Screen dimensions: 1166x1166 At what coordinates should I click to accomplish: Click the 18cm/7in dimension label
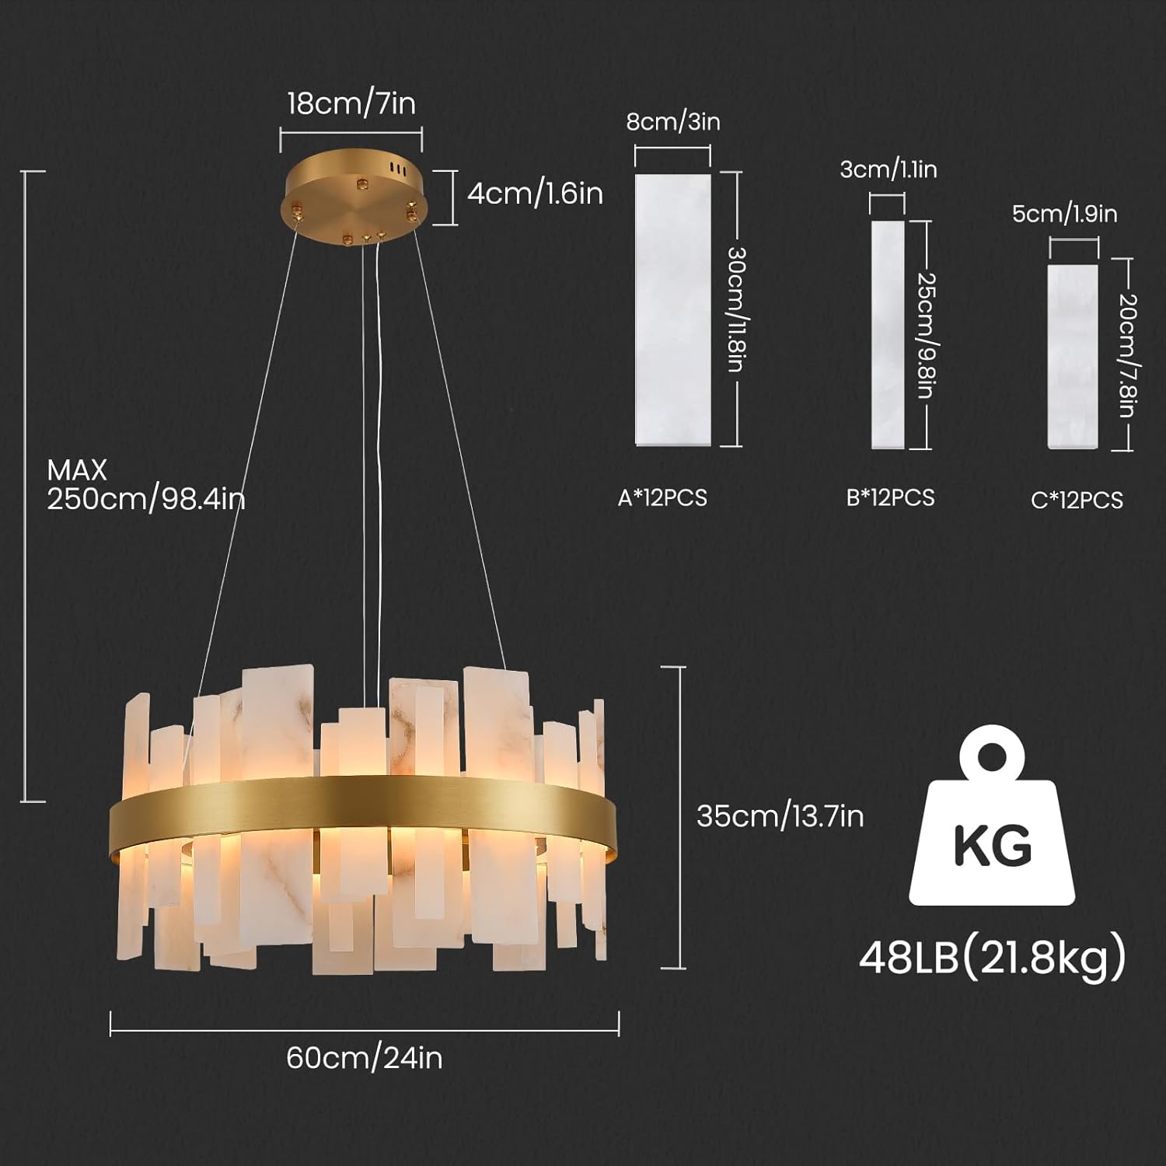(x=351, y=103)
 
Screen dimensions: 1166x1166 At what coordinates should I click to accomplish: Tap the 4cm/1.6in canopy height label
(x=535, y=193)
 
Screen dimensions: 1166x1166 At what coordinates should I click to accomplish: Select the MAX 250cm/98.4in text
(x=145, y=484)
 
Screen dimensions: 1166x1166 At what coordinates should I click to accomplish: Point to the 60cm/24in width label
(x=364, y=1058)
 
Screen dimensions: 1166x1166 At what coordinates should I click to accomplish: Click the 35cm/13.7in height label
(x=780, y=815)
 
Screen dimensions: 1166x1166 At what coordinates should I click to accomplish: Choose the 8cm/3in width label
(x=673, y=122)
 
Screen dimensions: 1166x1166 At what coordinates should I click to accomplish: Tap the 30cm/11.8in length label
(x=736, y=309)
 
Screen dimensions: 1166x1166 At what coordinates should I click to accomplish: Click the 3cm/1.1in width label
(x=888, y=169)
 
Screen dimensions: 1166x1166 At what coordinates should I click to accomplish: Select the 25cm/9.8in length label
(x=925, y=335)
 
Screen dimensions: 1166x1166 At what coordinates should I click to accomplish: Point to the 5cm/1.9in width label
(x=1064, y=214)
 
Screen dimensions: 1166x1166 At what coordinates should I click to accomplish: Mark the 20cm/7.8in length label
(x=1126, y=355)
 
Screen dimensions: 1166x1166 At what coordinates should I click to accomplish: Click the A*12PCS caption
(x=662, y=497)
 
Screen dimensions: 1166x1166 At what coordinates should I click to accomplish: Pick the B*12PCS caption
(x=890, y=497)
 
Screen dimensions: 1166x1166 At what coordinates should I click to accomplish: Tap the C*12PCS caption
(x=1077, y=500)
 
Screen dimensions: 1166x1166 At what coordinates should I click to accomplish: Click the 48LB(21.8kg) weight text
(x=992, y=957)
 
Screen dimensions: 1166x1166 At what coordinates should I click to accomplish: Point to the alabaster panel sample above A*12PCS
(x=673, y=309)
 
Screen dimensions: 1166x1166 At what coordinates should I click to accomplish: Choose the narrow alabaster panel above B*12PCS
(x=888, y=335)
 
